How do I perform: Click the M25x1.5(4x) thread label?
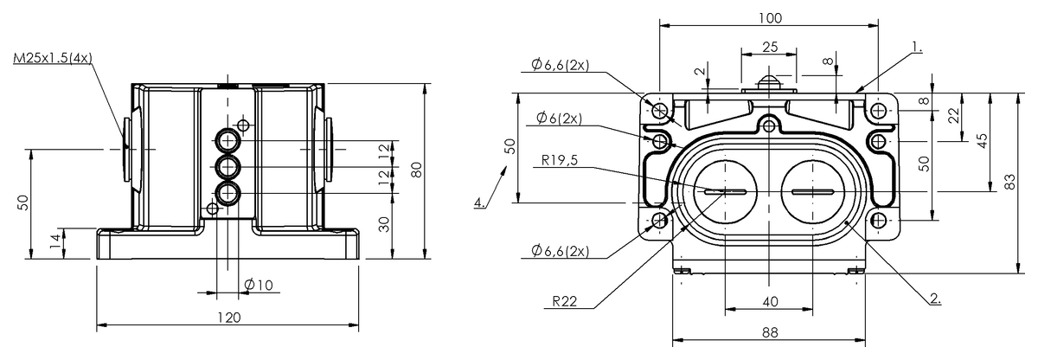(x=53, y=59)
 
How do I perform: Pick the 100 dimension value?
(x=770, y=18)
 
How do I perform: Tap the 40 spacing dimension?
(x=770, y=301)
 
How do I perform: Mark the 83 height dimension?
(x=1009, y=183)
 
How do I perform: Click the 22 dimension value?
(x=953, y=115)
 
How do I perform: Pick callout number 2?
(x=935, y=299)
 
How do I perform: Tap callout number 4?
(x=478, y=203)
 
